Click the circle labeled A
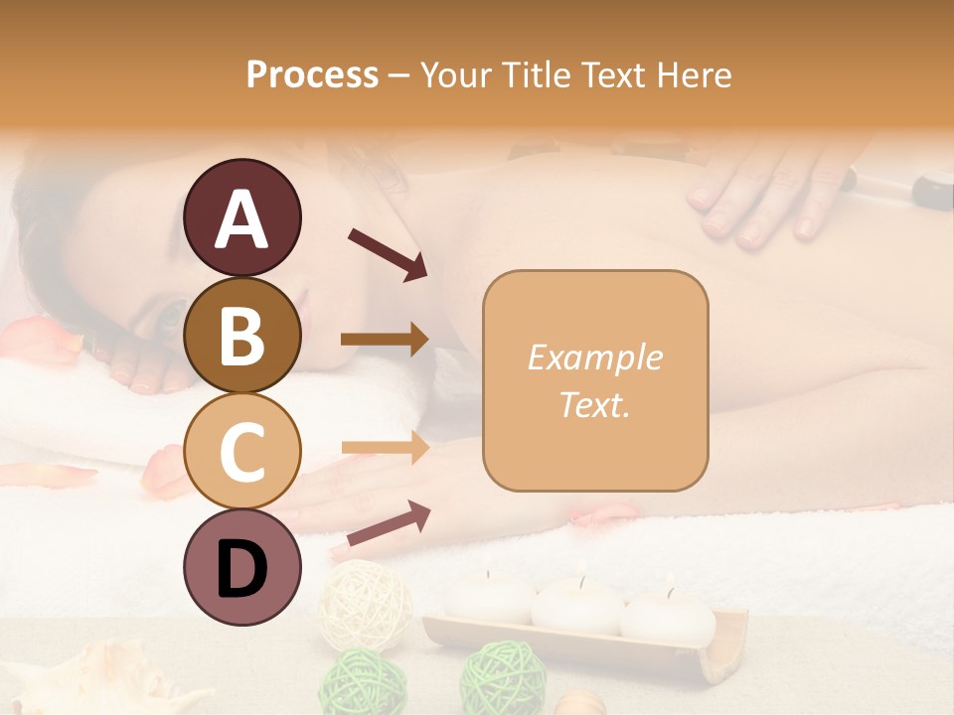(241, 217)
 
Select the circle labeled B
(241, 335)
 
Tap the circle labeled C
(241, 451)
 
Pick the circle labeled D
(241, 567)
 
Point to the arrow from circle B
(385, 340)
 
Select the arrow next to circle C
(385, 448)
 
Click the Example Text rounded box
(595, 380)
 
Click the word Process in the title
(312, 74)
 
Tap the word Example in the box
(594, 357)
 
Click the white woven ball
(365, 604)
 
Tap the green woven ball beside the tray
(502, 680)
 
